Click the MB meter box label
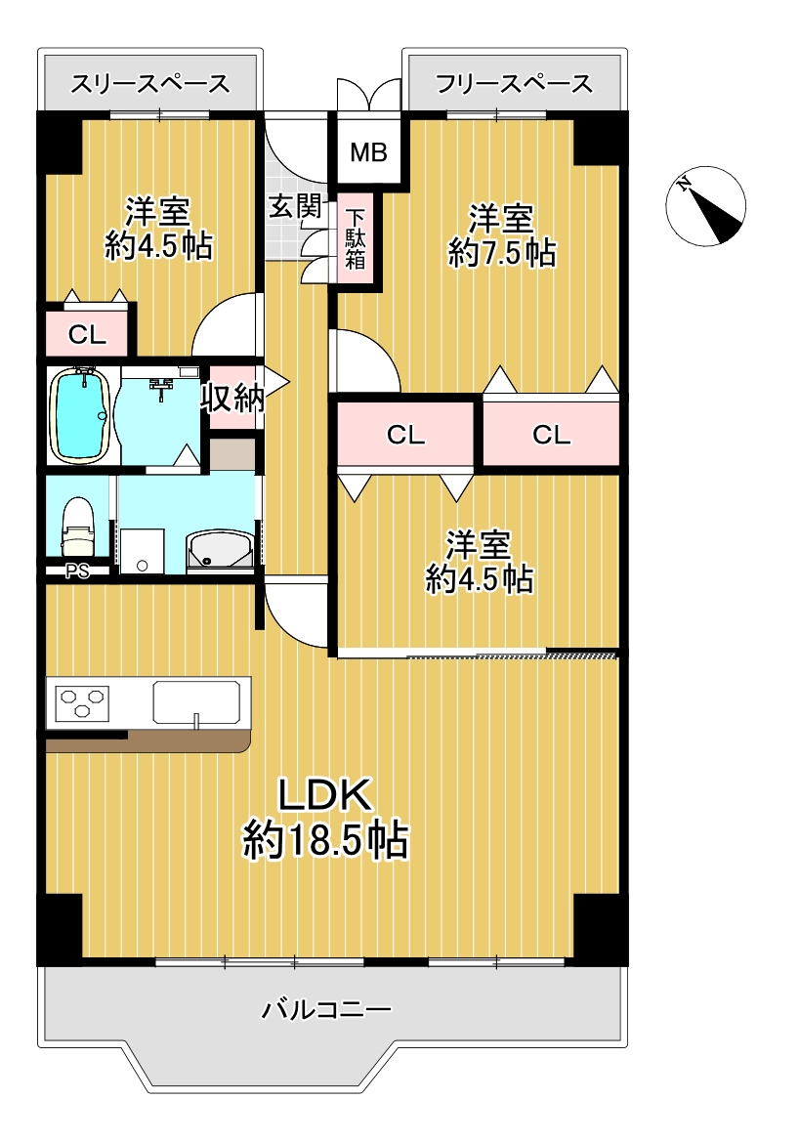click(368, 153)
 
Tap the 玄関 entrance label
click(295, 207)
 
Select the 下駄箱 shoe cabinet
click(356, 238)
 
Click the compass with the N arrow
click(706, 204)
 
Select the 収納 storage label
click(232, 398)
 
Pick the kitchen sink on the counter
click(196, 702)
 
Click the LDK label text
click(325, 796)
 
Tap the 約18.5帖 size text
click(325, 840)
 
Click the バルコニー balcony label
click(326, 1009)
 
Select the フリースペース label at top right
click(514, 84)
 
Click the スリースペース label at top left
click(150, 84)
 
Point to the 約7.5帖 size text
click(501, 253)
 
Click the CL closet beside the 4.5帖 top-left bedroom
click(87, 334)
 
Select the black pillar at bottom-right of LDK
click(600, 927)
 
